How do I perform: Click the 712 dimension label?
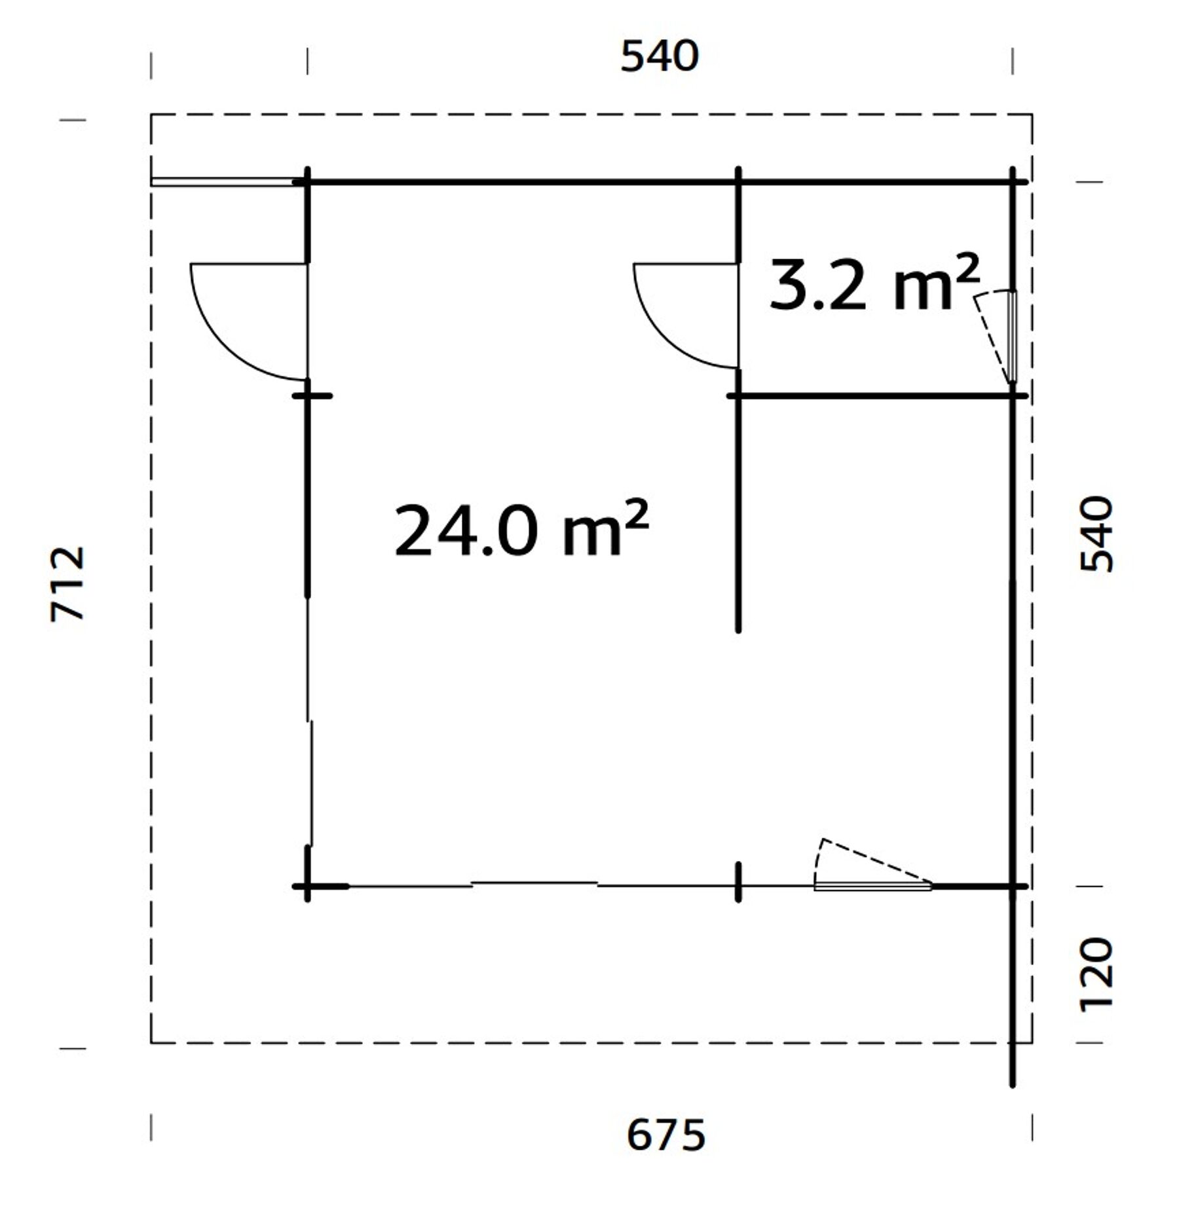68,583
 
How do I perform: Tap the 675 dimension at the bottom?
665,1135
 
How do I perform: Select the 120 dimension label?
1096,975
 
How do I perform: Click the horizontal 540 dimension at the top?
660,56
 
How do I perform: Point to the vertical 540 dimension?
1096,534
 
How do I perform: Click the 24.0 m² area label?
521,530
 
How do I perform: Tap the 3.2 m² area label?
874,284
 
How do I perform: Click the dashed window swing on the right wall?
992,337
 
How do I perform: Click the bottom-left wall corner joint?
307,886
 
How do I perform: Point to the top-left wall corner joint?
307,181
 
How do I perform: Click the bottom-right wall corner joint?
1013,886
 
